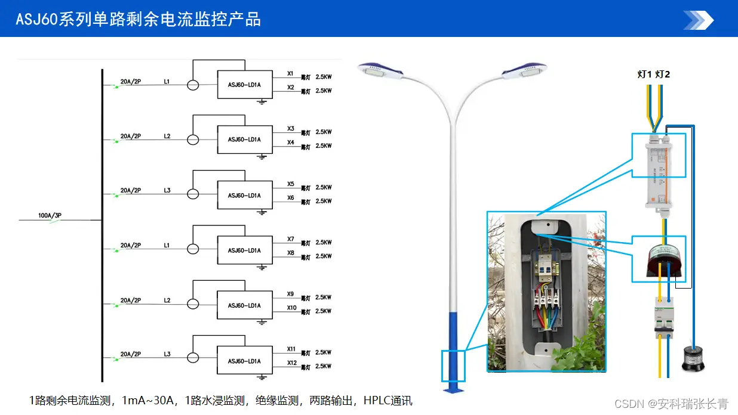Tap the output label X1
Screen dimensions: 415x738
pos(291,74)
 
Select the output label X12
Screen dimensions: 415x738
pos(292,363)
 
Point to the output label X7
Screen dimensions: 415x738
pos(291,239)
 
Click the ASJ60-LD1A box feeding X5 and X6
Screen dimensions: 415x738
pos(244,196)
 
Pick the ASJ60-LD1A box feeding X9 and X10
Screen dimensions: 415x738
pos(244,305)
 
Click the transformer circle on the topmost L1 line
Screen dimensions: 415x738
pos(193,85)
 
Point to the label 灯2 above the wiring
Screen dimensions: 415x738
pos(662,75)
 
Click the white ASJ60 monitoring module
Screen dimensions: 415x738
pos(659,170)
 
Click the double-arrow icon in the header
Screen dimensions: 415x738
pos(698,20)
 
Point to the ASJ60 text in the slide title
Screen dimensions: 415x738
pos(36,20)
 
